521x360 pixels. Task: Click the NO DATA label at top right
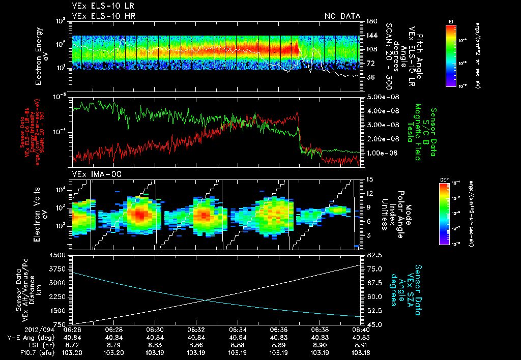[342, 16]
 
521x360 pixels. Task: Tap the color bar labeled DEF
[451, 214]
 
